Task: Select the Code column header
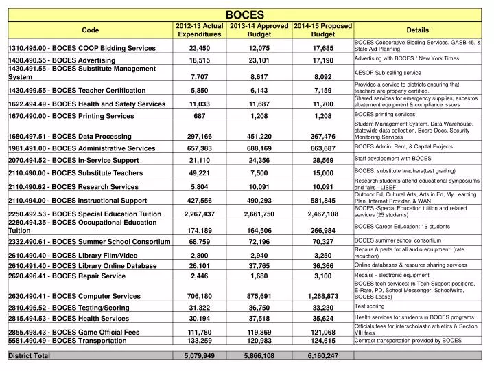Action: (x=90, y=30)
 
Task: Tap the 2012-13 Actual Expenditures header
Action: (x=199, y=30)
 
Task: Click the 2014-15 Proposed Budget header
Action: (x=322, y=30)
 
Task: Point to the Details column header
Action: (x=417, y=30)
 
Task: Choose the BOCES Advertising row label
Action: (x=62, y=61)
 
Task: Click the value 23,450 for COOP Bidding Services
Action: (x=199, y=48)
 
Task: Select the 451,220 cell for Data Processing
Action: (x=260, y=136)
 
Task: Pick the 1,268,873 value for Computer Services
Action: (x=322, y=296)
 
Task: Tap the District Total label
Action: (x=29, y=355)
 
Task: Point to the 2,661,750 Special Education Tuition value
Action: (x=259, y=214)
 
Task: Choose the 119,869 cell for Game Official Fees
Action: (x=260, y=332)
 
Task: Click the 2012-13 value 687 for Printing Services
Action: (x=199, y=116)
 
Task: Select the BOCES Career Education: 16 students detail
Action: (x=402, y=226)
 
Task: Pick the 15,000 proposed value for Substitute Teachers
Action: (x=322, y=173)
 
